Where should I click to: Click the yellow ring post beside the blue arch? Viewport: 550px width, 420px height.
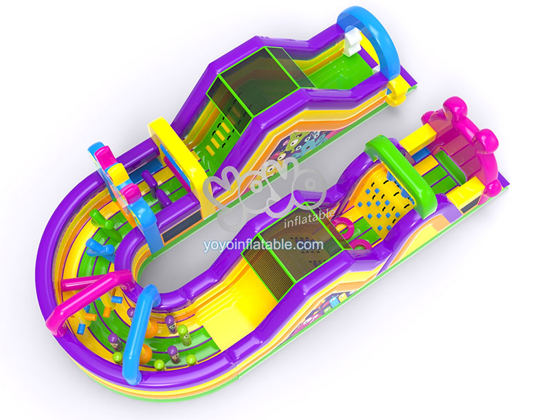click(x=397, y=92)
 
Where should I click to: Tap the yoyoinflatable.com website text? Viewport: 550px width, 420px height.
click(x=263, y=245)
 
